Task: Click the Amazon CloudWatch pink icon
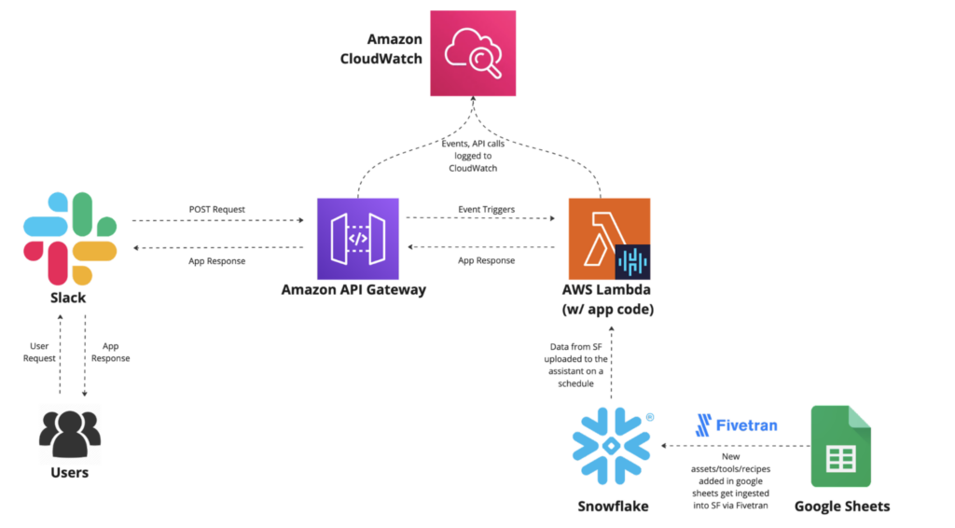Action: click(x=473, y=53)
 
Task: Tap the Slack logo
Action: click(x=70, y=239)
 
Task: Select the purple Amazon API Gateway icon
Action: click(x=358, y=239)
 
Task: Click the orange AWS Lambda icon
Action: click(x=608, y=239)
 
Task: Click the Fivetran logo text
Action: click(x=736, y=425)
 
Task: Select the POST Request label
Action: click(x=216, y=210)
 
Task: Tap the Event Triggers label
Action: click(x=486, y=210)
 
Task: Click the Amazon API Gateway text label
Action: click(x=353, y=290)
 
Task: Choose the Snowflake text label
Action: click(x=612, y=507)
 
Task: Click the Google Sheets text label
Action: click(x=841, y=507)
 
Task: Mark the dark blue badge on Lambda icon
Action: click(x=633, y=263)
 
